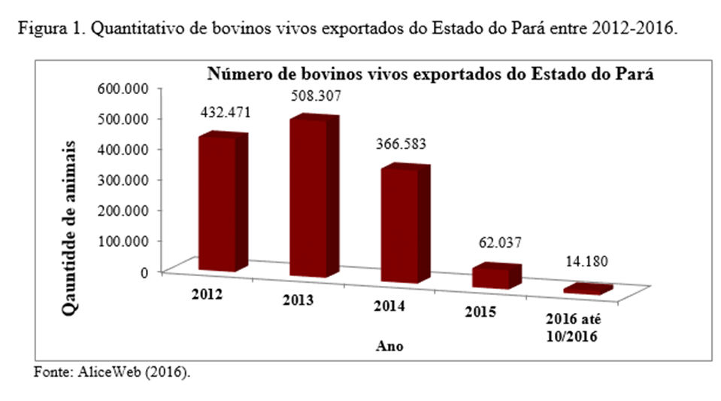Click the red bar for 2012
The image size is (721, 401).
click(218, 203)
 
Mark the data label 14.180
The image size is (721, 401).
click(586, 263)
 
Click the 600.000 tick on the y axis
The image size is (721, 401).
click(124, 89)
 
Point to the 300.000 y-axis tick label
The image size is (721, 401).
click(124, 180)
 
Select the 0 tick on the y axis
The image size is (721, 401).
click(143, 272)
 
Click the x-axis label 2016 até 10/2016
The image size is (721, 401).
click(573, 330)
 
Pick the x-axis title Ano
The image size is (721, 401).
click(389, 348)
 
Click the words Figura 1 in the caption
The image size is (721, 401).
click(47, 30)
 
